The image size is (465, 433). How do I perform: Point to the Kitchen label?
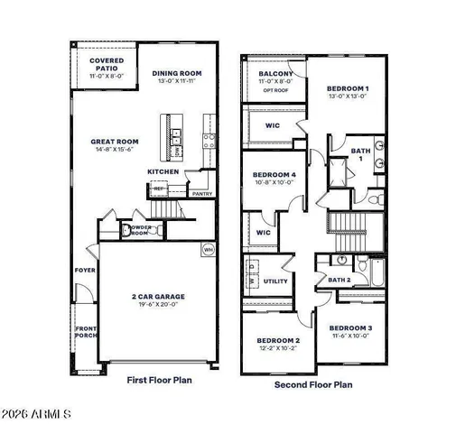click(163, 171)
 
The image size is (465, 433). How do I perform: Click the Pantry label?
click(202, 193)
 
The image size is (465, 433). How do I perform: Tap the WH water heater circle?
click(208, 249)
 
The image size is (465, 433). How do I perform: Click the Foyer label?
click(84, 270)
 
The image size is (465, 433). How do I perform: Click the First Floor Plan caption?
click(159, 381)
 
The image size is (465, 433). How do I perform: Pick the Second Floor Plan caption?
click(313, 384)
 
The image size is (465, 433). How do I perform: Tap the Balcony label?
click(274, 74)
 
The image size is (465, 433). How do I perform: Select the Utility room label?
click(275, 282)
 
